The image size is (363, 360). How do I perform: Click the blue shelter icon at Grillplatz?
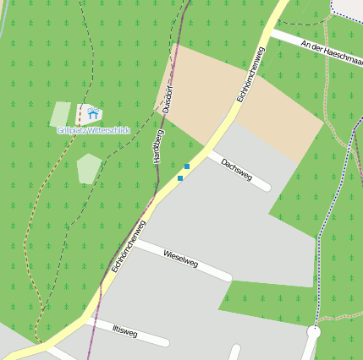[92, 113]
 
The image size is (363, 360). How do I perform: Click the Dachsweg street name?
[236, 168]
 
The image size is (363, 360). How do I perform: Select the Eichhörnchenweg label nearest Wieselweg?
[129, 246]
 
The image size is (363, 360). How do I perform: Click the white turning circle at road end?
[313, 333]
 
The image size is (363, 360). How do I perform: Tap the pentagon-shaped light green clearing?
[89, 169]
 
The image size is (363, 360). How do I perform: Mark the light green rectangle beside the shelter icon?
[61, 114]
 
